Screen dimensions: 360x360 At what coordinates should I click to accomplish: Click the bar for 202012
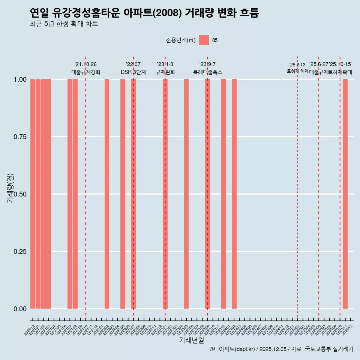pos(33,194)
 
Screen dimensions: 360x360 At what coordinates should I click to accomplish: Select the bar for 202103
pos(48,194)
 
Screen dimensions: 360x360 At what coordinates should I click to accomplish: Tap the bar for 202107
pos(70,194)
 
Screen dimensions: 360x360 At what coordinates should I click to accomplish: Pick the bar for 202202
pos(107,194)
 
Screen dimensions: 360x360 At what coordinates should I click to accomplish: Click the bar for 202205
pos(123,194)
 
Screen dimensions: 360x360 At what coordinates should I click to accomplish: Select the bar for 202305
pos(186,194)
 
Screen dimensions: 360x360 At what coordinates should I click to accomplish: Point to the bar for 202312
pos(223,194)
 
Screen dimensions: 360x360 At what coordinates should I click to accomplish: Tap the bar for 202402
pos(234,194)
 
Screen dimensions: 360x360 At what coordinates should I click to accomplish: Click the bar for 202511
pos(345,194)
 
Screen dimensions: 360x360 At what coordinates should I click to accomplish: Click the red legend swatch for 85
pos(204,40)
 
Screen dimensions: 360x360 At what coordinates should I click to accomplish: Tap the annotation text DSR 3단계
pos(133,72)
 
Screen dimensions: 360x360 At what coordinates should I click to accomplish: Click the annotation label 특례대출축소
pos(207,72)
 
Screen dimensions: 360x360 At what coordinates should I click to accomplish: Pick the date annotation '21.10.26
pos(85,64)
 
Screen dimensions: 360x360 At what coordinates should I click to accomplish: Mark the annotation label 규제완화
pos(165,72)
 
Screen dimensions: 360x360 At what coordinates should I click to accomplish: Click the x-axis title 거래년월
pos(191,340)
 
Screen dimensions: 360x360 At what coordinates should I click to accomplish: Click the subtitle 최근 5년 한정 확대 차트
pos(64,24)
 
